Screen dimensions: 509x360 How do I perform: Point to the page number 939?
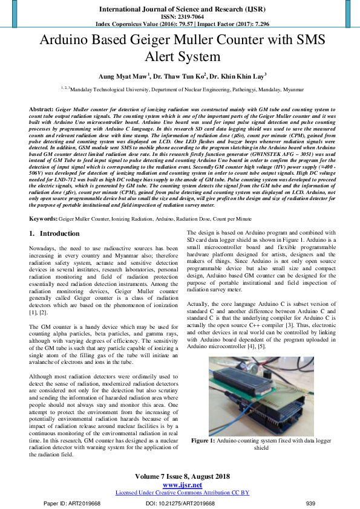pyautogui.click(x=311, y=503)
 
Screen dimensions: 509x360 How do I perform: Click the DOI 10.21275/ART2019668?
pyautogui.click(x=180, y=503)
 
